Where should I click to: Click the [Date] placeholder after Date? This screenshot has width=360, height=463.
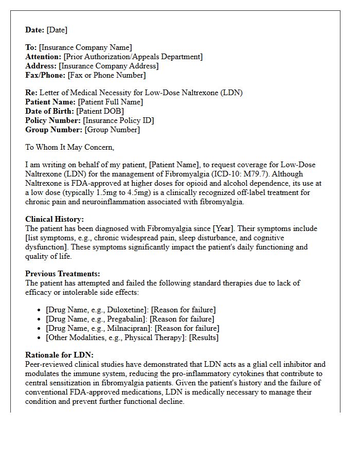tap(57, 30)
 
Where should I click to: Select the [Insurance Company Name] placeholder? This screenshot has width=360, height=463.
tap(85, 48)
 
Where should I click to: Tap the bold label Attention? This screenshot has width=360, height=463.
tap(43, 57)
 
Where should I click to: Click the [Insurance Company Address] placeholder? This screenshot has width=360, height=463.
tap(109, 66)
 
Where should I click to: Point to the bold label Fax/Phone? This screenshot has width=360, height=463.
tap(45, 76)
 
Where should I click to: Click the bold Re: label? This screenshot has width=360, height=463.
tap(32, 93)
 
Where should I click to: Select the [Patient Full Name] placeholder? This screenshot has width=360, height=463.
tap(110, 102)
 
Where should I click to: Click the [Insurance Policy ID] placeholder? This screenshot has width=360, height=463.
tap(118, 121)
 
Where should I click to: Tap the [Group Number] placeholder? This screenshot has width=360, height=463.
tap(112, 130)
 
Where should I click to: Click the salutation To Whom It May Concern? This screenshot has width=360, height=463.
tap(69, 148)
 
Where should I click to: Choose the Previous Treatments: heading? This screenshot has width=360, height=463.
tap(63, 274)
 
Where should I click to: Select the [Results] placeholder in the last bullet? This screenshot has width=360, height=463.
tap(204, 337)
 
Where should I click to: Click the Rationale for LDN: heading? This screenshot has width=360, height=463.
tap(59, 355)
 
